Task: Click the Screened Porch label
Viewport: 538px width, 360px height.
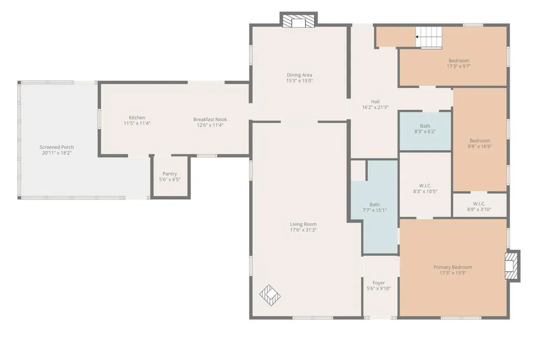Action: pos(56,147)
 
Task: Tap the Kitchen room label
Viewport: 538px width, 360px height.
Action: pos(137,118)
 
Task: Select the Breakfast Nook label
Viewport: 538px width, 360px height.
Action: pos(210,119)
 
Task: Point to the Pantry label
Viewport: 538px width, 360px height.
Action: pos(170,174)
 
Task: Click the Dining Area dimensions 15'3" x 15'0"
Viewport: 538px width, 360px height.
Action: pos(300,81)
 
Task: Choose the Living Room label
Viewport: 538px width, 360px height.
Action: pos(303,224)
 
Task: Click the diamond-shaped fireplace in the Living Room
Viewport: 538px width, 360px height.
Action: pos(270,295)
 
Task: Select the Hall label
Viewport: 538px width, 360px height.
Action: pos(376,102)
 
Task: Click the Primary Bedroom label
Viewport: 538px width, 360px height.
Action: pos(453,267)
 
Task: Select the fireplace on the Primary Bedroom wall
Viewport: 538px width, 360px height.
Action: pos(512,266)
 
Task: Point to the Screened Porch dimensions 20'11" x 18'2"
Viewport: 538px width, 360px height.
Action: pos(56,153)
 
